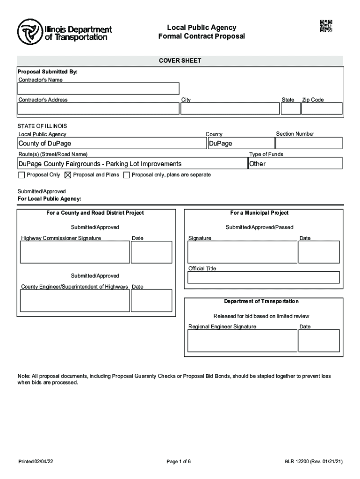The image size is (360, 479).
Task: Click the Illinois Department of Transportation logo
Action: coord(65,31)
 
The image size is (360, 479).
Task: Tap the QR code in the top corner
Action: coord(326,26)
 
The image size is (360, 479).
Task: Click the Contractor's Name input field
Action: coord(98,89)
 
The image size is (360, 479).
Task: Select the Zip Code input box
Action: coord(322,109)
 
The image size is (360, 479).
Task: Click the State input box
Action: coord(290,109)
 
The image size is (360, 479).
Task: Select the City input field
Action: coord(229,109)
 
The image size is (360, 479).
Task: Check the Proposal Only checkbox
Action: coord(21,175)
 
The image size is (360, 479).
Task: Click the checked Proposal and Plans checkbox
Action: coord(67,175)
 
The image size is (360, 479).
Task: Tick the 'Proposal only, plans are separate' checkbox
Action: coord(126,175)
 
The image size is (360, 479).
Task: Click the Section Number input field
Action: coord(309,143)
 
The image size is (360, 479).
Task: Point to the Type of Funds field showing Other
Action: coord(295,163)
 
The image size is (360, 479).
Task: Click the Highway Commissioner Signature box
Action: coord(75,253)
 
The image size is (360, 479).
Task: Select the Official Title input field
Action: coord(263,277)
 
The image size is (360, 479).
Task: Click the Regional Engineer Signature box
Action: coord(242,341)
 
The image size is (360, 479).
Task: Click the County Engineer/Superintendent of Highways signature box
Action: coord(75,301)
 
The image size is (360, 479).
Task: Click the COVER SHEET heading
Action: coord(180,61)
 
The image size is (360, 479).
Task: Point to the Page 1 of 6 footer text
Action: coord(179,462)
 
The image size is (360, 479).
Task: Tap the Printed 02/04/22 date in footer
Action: coord(36,462)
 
